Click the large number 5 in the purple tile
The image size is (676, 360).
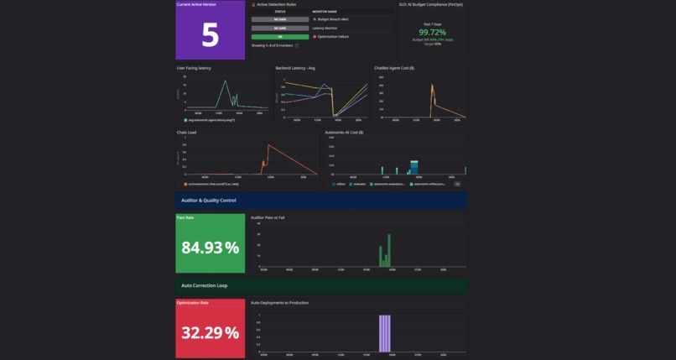point(210,35)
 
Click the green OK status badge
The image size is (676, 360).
point(280,37)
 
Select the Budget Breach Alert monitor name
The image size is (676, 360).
point(333,18)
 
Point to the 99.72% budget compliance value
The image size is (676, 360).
point(433,32)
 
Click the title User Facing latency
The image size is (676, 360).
point(194,68)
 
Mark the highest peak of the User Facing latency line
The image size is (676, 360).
point(224,81)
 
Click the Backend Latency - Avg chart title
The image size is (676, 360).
point(295,68)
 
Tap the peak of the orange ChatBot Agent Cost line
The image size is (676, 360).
point(432,85)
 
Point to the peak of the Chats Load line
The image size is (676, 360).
point(268,145)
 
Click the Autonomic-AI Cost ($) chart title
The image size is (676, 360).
point(344,132)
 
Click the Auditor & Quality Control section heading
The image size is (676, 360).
point(209,201)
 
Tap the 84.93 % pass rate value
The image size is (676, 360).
point(210,248)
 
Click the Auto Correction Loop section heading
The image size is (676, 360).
point(204,285)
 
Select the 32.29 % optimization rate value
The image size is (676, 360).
point(210,333)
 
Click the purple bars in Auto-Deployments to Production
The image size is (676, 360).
point(385,333)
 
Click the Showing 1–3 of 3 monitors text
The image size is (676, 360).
point(273,46)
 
